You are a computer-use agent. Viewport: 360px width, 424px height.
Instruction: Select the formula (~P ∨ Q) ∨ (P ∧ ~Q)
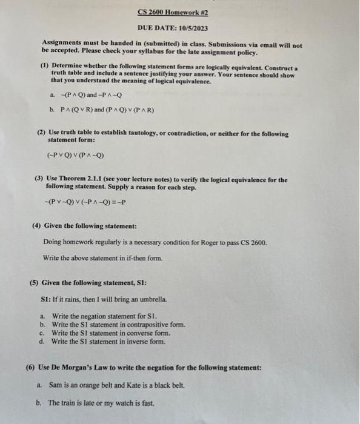[75, 155]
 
